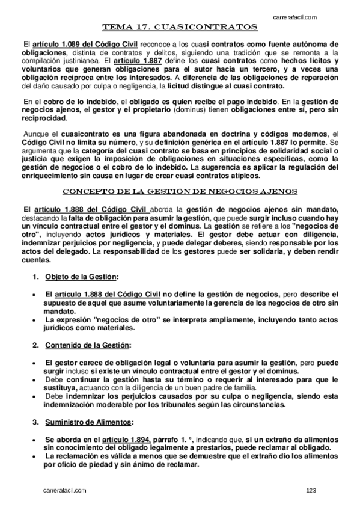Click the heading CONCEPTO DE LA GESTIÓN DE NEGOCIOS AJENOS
[x=180, y=192]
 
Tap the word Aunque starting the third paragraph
[x=35, y=134]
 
